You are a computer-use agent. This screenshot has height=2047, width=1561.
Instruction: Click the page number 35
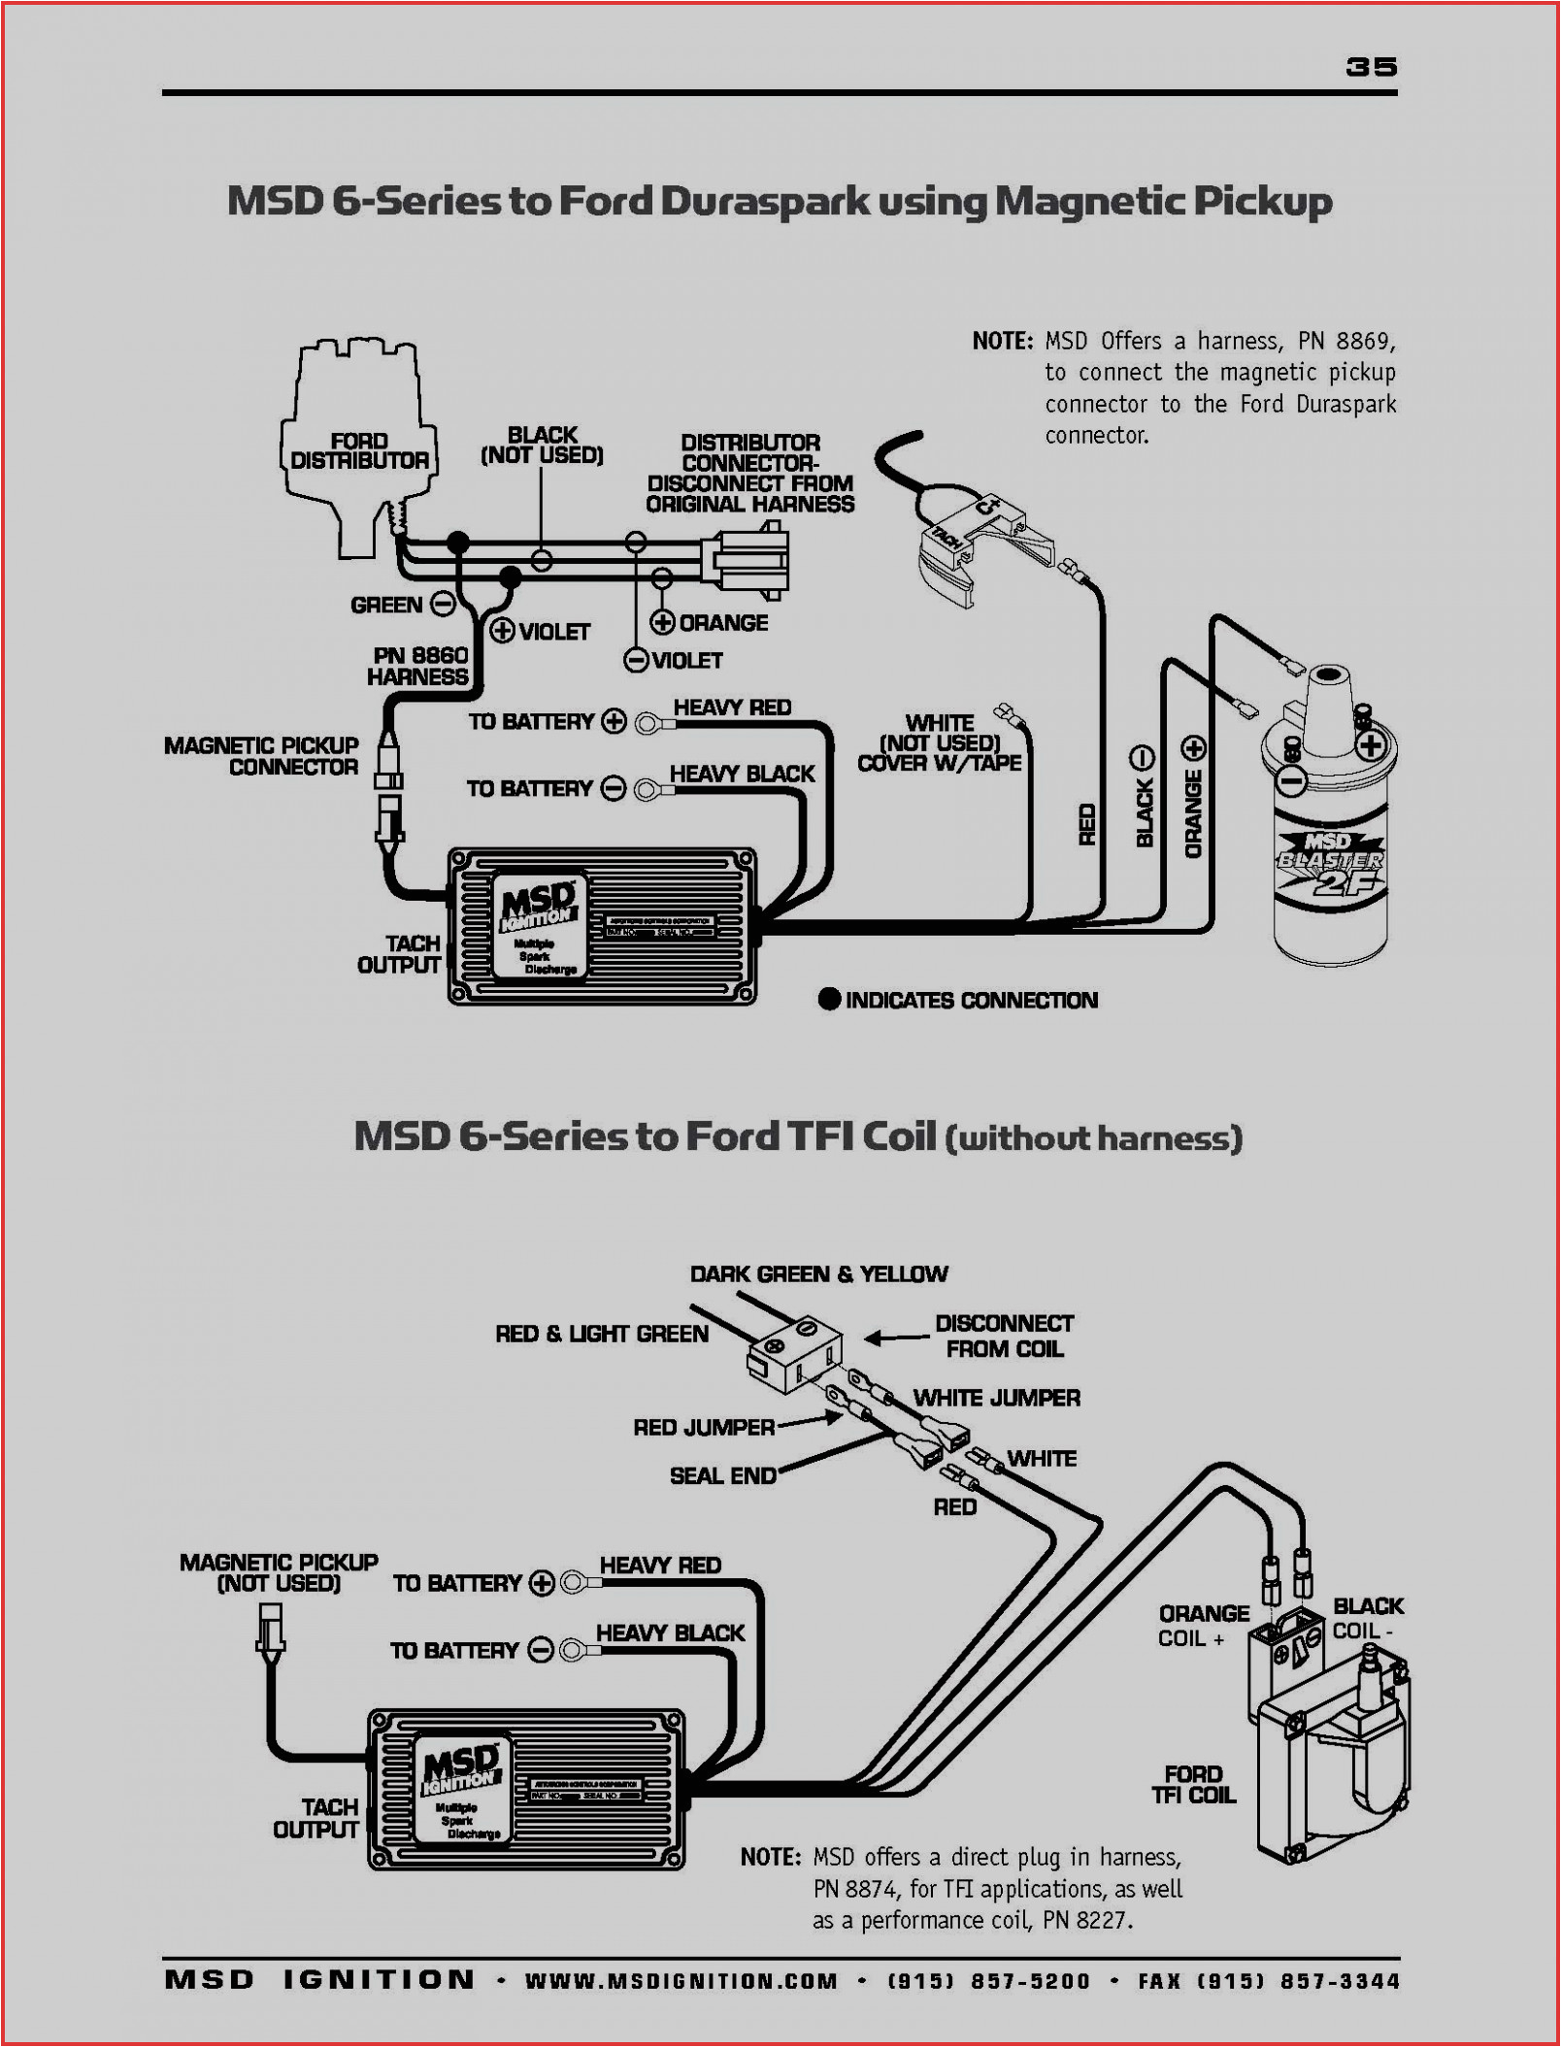click(x=1371, y=66)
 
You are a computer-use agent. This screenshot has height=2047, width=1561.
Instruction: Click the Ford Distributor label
click(x=359, y=451)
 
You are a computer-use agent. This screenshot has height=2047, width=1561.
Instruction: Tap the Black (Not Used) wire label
click(x=542, y=445)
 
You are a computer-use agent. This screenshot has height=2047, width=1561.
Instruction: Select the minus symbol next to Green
click(x=444, y=605)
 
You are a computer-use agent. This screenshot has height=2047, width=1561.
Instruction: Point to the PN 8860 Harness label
click(x=418, y=666)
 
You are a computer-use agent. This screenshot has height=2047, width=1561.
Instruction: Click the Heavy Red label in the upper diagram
click(x=732, y=708)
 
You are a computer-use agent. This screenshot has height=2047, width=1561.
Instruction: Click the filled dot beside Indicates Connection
click(x=829, y=999)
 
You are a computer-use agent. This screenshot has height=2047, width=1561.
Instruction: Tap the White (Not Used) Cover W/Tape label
click(x=939, y=743)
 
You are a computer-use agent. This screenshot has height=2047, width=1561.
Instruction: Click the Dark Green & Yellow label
click(x=818, y=1273)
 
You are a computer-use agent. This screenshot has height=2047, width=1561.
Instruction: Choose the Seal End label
click(x=723, y=1475)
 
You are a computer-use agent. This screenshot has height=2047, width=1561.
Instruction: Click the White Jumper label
click(x=996, y=1398)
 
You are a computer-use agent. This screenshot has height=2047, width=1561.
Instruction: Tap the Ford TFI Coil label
click(x=1193, y=1785)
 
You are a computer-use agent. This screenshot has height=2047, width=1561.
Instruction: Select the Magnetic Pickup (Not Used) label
click(x=279, y=1572)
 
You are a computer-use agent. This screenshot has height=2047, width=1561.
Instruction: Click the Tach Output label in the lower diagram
click(x=316, y=1818)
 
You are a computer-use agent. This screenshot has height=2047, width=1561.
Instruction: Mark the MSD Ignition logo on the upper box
click(x=537, y=906)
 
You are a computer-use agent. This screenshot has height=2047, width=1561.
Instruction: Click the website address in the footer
click(x=681, y=1981)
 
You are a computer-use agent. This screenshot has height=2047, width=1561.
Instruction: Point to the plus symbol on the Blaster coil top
click(x=1371, y=745)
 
